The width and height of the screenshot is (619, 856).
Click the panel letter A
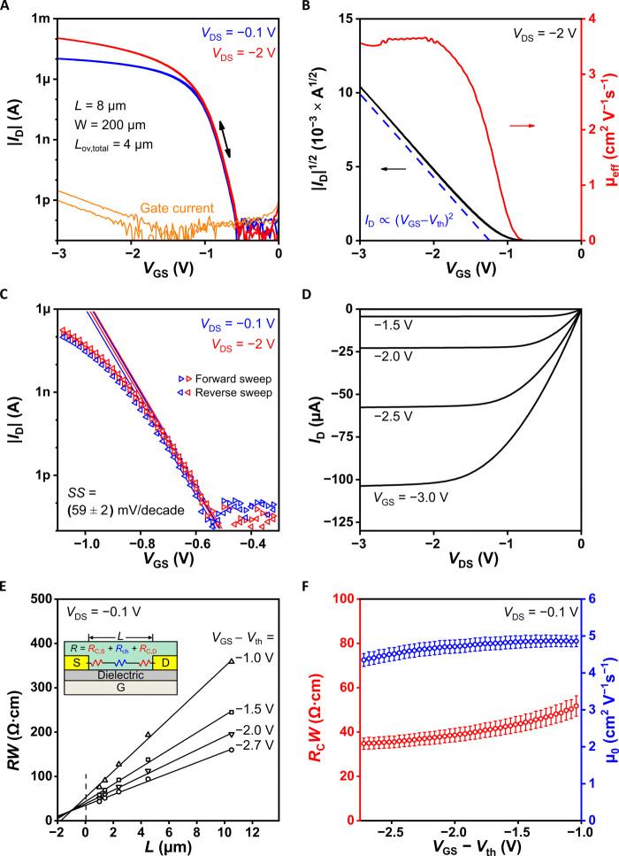click(x=8, y=7)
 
